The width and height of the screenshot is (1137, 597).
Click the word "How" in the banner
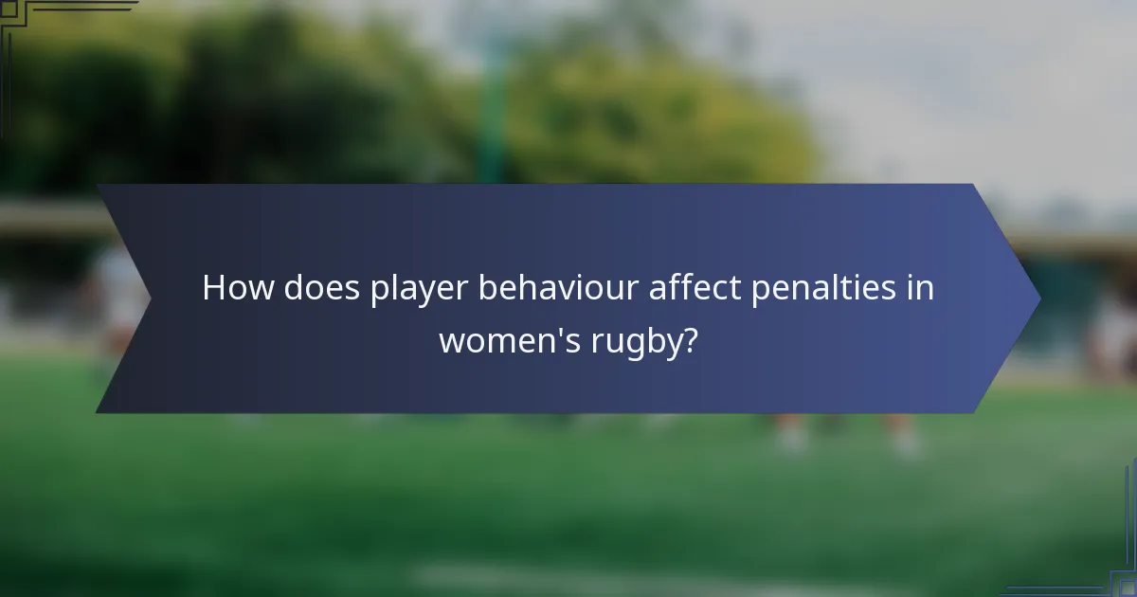[x=238, y=288]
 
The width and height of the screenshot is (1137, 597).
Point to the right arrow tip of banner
[x=1038, y=298]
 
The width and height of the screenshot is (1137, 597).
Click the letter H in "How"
[x=213, y=288]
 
